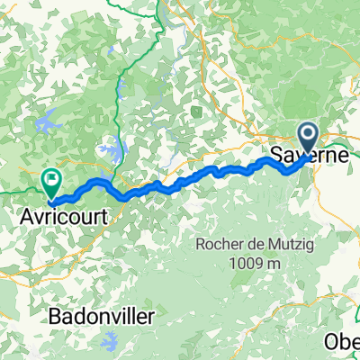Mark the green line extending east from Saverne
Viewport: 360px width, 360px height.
tap(342, 139)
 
